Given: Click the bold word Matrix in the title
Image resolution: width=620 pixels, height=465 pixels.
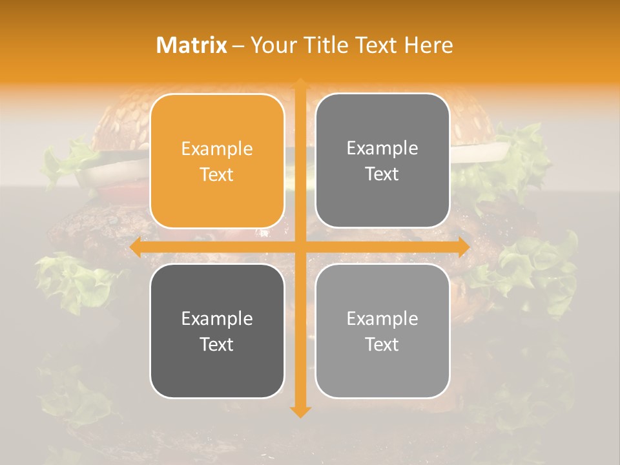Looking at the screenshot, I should pyautogui.click(x=192, y=45).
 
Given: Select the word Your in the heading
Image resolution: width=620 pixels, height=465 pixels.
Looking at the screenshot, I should pyautogui.click(x=272, y=45).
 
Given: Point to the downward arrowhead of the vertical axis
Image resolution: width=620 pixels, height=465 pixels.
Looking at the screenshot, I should pyautogui.click(x=299, y=411).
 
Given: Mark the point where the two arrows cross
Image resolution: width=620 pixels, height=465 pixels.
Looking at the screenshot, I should pyautogui.click(x=299, y=247).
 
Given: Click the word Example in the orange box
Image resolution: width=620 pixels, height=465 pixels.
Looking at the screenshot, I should pyautogui.click(x=217, y=149).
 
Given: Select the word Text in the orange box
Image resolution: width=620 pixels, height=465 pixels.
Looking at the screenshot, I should pyautogui.click(x=217, y=175).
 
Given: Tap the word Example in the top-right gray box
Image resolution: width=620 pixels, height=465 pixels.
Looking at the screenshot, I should pyautogui.click(x=382, y=149).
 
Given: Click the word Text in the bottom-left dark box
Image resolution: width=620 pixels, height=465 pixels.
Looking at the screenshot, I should pyautogui.click(x=217, y=345).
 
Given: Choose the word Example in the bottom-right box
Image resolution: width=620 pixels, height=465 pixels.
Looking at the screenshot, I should pyautogui.click(x=382, y=318).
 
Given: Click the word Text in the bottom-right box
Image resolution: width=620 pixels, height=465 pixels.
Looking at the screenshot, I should pyautogui.click(x=382, y=345).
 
